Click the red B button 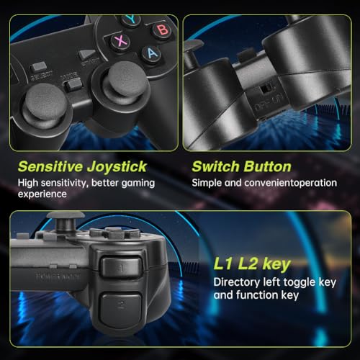[x=163, y=30]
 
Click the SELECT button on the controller [x=39, y=66]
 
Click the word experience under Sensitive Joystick [x=42, y=194]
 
